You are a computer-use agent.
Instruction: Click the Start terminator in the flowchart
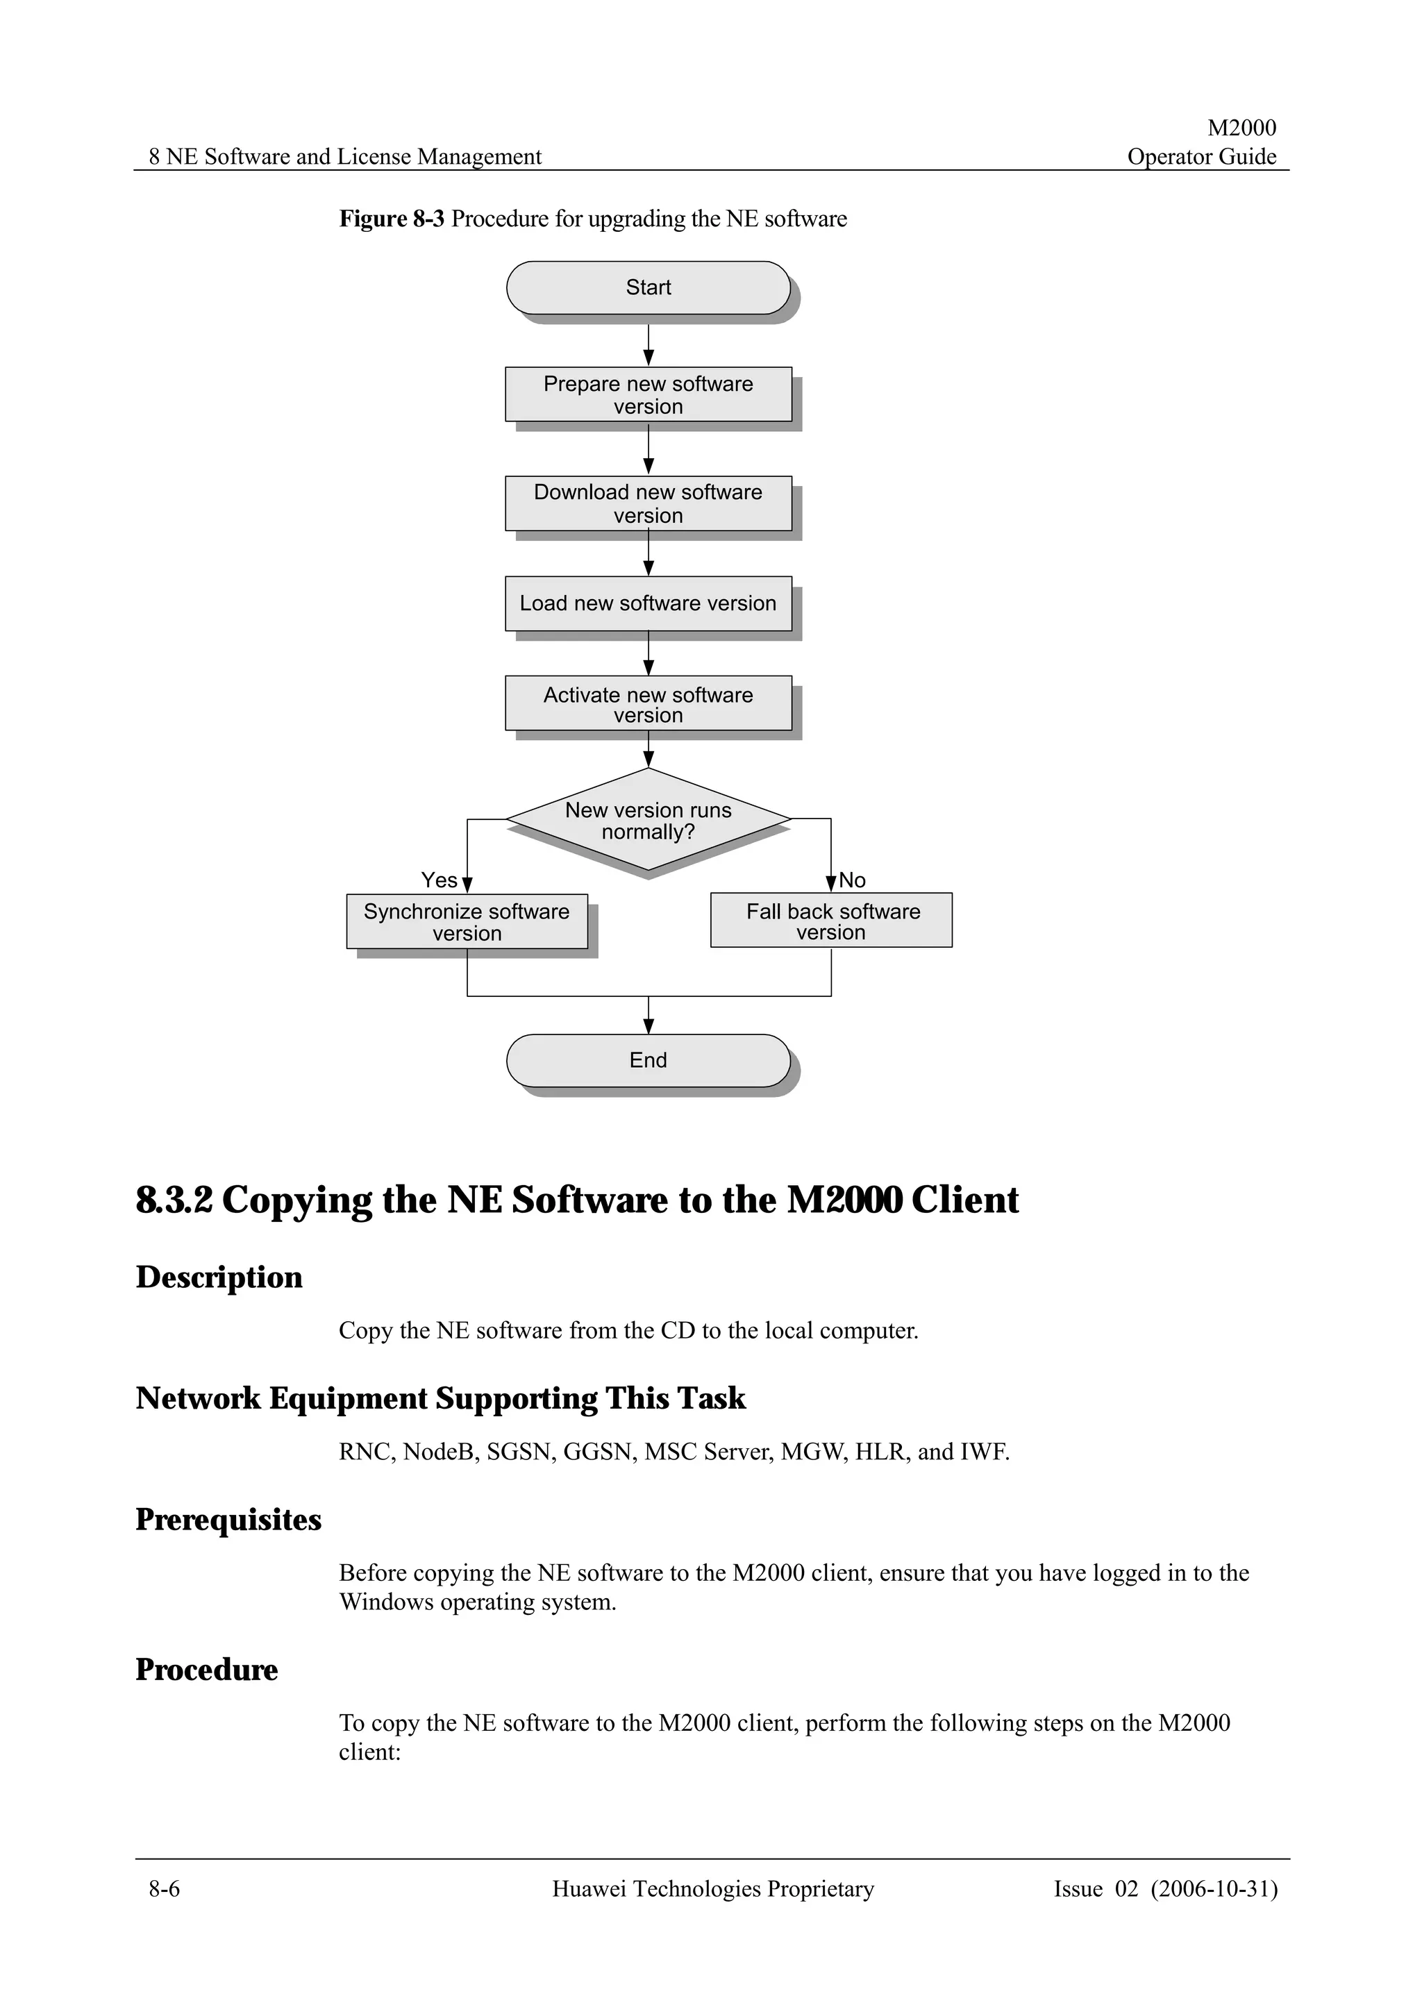click(x=648, y=287)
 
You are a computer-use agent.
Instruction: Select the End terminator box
click(x=648, y=1060)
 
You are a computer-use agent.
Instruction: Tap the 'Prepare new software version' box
click(x=648, y=394)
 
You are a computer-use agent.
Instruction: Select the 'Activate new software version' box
click(x=648, y=704)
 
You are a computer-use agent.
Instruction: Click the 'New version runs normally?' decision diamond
click(x=648, y=820)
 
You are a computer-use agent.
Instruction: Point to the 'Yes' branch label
click(x=439, y=880)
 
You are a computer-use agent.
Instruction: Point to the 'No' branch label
click(x=852, y=880)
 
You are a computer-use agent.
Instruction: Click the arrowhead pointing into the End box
click(x=649, y=1026)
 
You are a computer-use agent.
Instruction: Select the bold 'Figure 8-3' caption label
click(x=392, y=218)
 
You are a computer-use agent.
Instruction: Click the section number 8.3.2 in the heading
click(x=174, y=1200)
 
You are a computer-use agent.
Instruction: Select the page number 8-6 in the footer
click(x=164, y=1888)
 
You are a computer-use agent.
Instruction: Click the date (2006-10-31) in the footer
click(x=1214, y=1888)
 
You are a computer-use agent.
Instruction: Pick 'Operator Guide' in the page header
click(x=1201, y=157)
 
